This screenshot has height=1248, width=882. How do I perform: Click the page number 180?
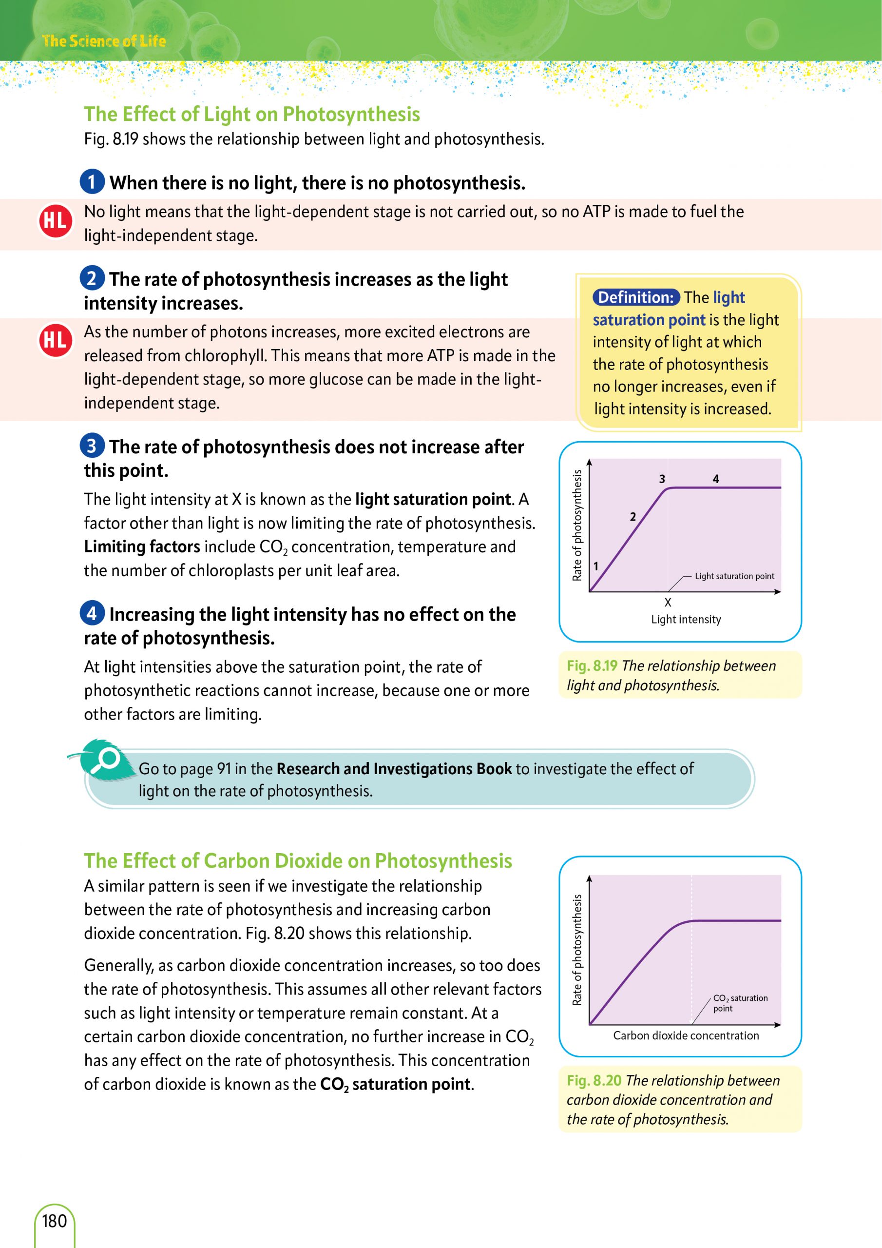click(55, 1221)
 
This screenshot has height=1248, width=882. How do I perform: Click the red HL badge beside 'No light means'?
click(55, 220)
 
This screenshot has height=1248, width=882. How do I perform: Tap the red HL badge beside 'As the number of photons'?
click(55, 340)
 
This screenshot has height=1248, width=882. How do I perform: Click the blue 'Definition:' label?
click(635, 297)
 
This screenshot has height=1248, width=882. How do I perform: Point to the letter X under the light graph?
click(668, 602)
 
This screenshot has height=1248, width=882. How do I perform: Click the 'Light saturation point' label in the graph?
click(734, 576)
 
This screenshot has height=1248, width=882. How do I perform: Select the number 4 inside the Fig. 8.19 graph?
click(716, 479)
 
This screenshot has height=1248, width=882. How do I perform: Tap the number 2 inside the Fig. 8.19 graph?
click(633, 517)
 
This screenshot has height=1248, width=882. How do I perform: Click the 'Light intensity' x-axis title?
click(686, 620)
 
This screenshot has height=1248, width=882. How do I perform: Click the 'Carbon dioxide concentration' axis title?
click(686, 1035)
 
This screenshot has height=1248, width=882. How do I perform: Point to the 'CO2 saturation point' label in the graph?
click(740, 1003)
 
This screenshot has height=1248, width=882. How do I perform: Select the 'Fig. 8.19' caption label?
click(591, 666)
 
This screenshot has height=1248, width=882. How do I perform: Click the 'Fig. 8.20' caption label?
click(594, 1081)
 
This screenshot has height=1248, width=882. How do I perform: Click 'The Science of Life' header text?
click(104, 41)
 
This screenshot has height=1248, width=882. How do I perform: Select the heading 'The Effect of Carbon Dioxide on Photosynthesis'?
click(298, 861)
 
